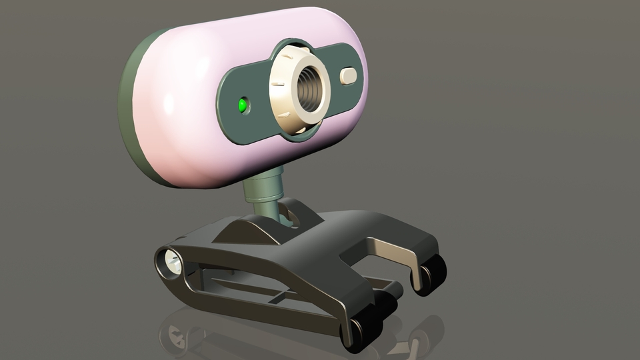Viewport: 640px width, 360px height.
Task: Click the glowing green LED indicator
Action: click(x=243, y=105)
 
